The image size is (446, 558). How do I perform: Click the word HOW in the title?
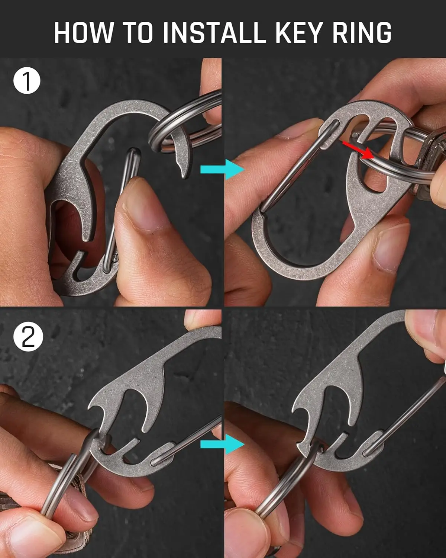(x=83, y=33)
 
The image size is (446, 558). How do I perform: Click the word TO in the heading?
(x=137, y=33)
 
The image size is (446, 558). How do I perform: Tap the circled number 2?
(x=28, y=337)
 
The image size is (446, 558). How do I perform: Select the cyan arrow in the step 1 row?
(x=222, y=169)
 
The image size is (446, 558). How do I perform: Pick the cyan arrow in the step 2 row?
(x=222, y=444)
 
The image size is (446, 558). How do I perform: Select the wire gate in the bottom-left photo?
(x=193, y=439)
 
